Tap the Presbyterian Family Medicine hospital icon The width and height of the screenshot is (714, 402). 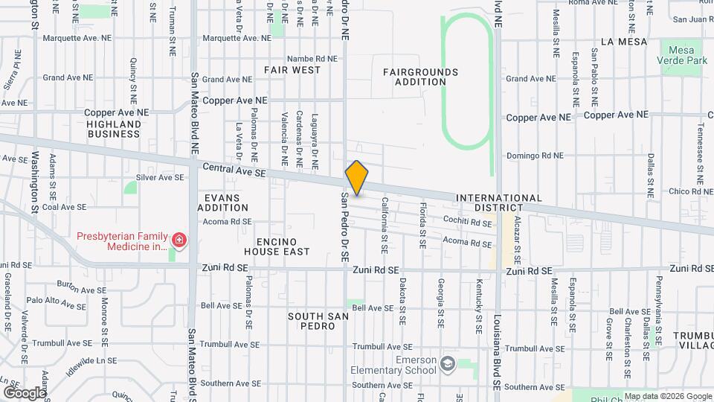tap(178, 240)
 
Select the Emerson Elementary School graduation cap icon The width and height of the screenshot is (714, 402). tap(447, 363)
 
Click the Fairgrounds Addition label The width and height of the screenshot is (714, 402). tap(420, 77)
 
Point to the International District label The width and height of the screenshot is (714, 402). tap(499, 203)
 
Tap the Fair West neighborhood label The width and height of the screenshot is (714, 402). tap(292, 70)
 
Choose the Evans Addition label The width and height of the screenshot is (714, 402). tap(222, 202)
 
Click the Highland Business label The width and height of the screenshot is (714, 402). tap(113, 130)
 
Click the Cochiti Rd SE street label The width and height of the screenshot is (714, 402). tap(467, 223)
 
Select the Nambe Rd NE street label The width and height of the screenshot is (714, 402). tap(312, 58)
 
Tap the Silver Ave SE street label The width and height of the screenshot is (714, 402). tap(160, 177)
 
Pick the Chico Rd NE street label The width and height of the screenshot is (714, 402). tap(670, 192)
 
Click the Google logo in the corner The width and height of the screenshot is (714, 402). tap(25, 392)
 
